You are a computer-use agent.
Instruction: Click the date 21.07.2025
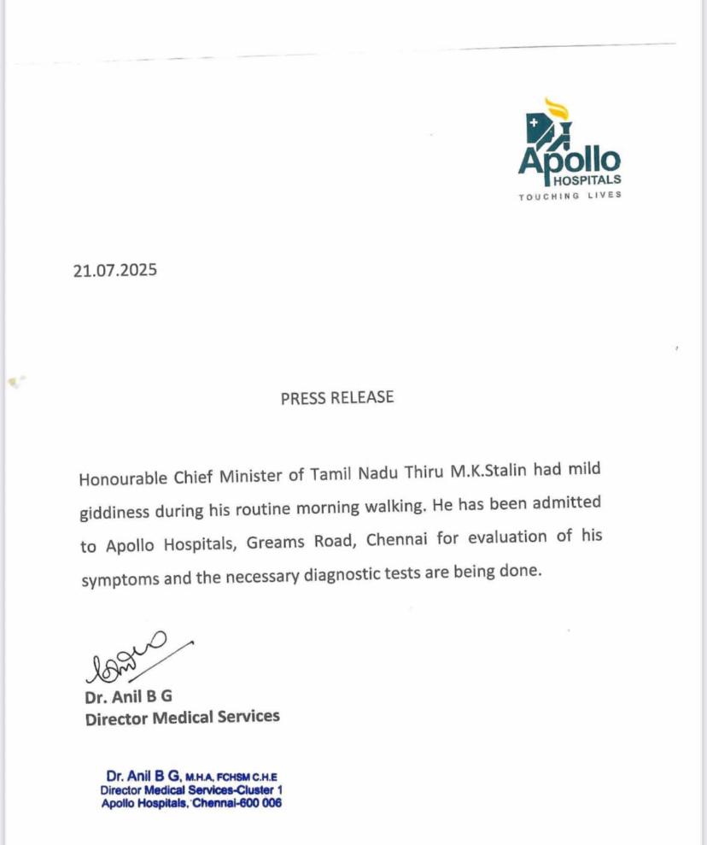tap(115, 271)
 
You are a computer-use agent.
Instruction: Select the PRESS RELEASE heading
tap(337, 397)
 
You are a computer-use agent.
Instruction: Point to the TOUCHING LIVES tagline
tap(570, 196)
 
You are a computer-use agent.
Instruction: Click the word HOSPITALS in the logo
tap(587, 180)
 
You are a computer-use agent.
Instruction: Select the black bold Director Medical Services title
tap(183, 718)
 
